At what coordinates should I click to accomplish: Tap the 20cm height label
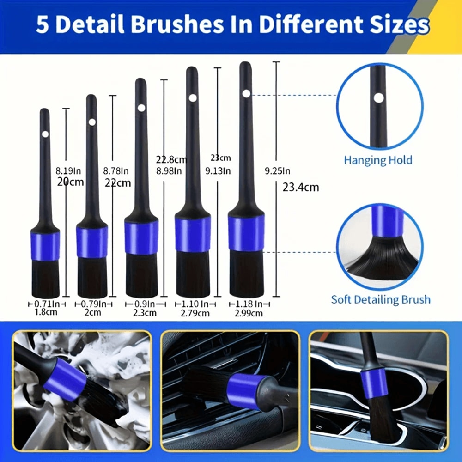click(71, 182)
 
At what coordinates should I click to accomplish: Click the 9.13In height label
click(218, 171)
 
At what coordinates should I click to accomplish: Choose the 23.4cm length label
click(300, 187)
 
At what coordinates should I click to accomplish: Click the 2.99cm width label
click(249, 313)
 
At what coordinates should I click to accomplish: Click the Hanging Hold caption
click(378, 160)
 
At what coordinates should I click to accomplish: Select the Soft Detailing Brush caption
click(381, 299)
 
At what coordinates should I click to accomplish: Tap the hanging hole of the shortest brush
click(45, 134)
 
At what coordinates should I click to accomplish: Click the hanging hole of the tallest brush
click(246, 94)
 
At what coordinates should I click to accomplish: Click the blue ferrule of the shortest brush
click(45, 246)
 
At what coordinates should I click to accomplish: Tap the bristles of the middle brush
click(141, 275)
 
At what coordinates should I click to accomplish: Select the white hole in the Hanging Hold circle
click(379, 98)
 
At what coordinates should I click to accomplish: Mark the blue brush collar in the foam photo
click(66, 378)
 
